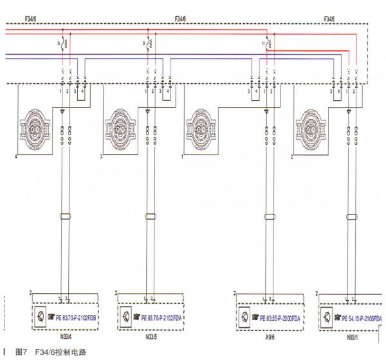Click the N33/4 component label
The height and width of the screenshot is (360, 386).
(x=67, y=336)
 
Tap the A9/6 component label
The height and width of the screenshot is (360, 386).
(x=269, y=336)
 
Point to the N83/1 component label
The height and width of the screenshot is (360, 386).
(x=351, y=336)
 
